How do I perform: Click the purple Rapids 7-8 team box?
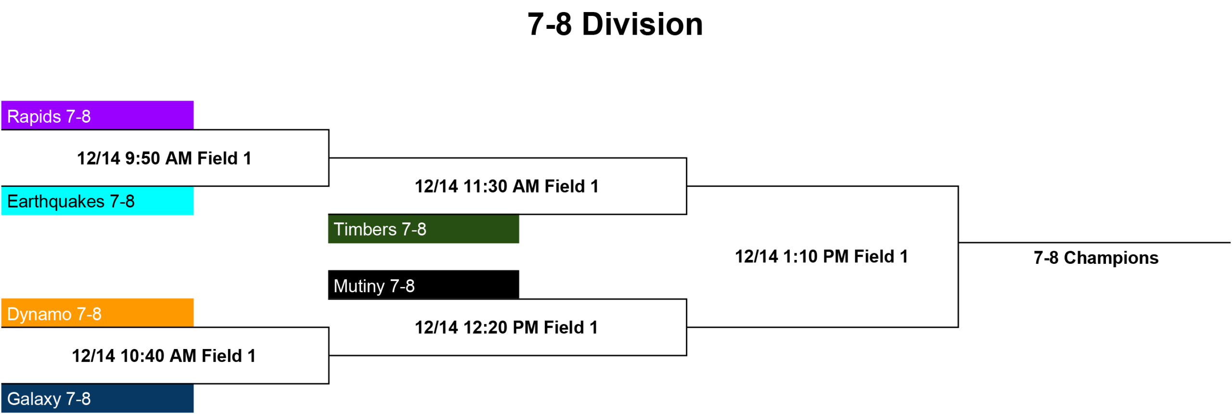click(97, 115)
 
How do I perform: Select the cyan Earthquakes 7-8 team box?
click(97, 200)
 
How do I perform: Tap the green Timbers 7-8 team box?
click(423, 229)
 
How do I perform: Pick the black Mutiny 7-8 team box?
click(423, 285)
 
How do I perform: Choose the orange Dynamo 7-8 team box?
click(97, 313)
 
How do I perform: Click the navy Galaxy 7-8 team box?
click(97, 398)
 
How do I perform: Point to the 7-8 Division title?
click(615, 24)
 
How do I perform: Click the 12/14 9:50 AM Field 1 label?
click(164, 158)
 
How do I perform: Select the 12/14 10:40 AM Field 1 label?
click(164, 356)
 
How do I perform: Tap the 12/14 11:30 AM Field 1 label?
click(507, 186)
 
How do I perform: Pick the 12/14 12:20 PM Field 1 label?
click(506, 327)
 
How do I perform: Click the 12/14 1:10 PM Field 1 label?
click(821, 257)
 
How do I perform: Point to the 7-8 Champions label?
click(1096, 258)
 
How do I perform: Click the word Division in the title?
click(642, 24)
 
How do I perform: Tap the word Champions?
click(1111, 258)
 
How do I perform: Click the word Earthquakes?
click(56, 201)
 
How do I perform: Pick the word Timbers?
click(365, 229)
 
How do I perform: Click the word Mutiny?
click(359, 286)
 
